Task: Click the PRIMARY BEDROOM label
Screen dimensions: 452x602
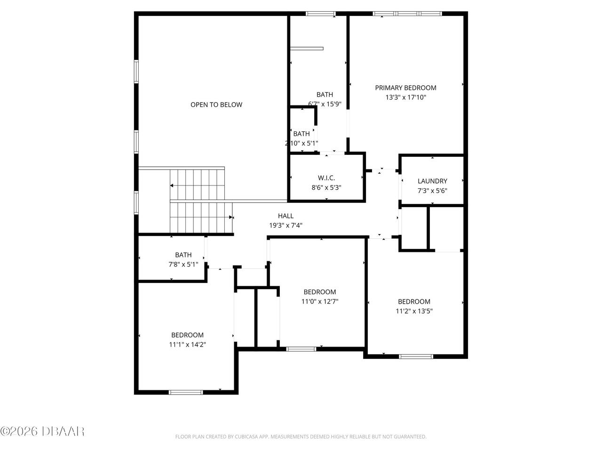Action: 405,88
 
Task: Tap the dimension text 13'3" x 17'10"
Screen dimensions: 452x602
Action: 405,97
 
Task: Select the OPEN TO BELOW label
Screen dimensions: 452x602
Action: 216,105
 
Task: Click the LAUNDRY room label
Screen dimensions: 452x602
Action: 432,181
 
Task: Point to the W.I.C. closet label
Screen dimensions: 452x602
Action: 326,178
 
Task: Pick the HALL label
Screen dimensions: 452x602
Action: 285,216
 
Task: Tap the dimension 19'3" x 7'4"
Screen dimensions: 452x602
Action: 285,226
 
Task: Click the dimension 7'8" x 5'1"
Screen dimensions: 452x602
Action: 183,265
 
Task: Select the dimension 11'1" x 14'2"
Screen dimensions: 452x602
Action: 187,345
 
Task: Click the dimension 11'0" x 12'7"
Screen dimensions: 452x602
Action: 319,301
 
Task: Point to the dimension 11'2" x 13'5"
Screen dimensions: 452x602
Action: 414,311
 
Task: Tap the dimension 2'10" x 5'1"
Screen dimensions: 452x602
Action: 301,143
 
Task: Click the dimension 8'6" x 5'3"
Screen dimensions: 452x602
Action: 326,187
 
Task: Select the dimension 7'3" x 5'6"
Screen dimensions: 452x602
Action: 432,191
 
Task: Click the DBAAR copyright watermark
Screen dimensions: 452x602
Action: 42,431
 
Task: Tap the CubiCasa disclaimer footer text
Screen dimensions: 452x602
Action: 301,437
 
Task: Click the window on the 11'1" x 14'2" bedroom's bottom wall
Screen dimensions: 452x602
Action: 186,392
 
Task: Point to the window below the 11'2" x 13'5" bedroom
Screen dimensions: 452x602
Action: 416,356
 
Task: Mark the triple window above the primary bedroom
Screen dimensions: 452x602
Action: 407,14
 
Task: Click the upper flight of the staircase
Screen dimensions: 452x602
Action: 198,185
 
